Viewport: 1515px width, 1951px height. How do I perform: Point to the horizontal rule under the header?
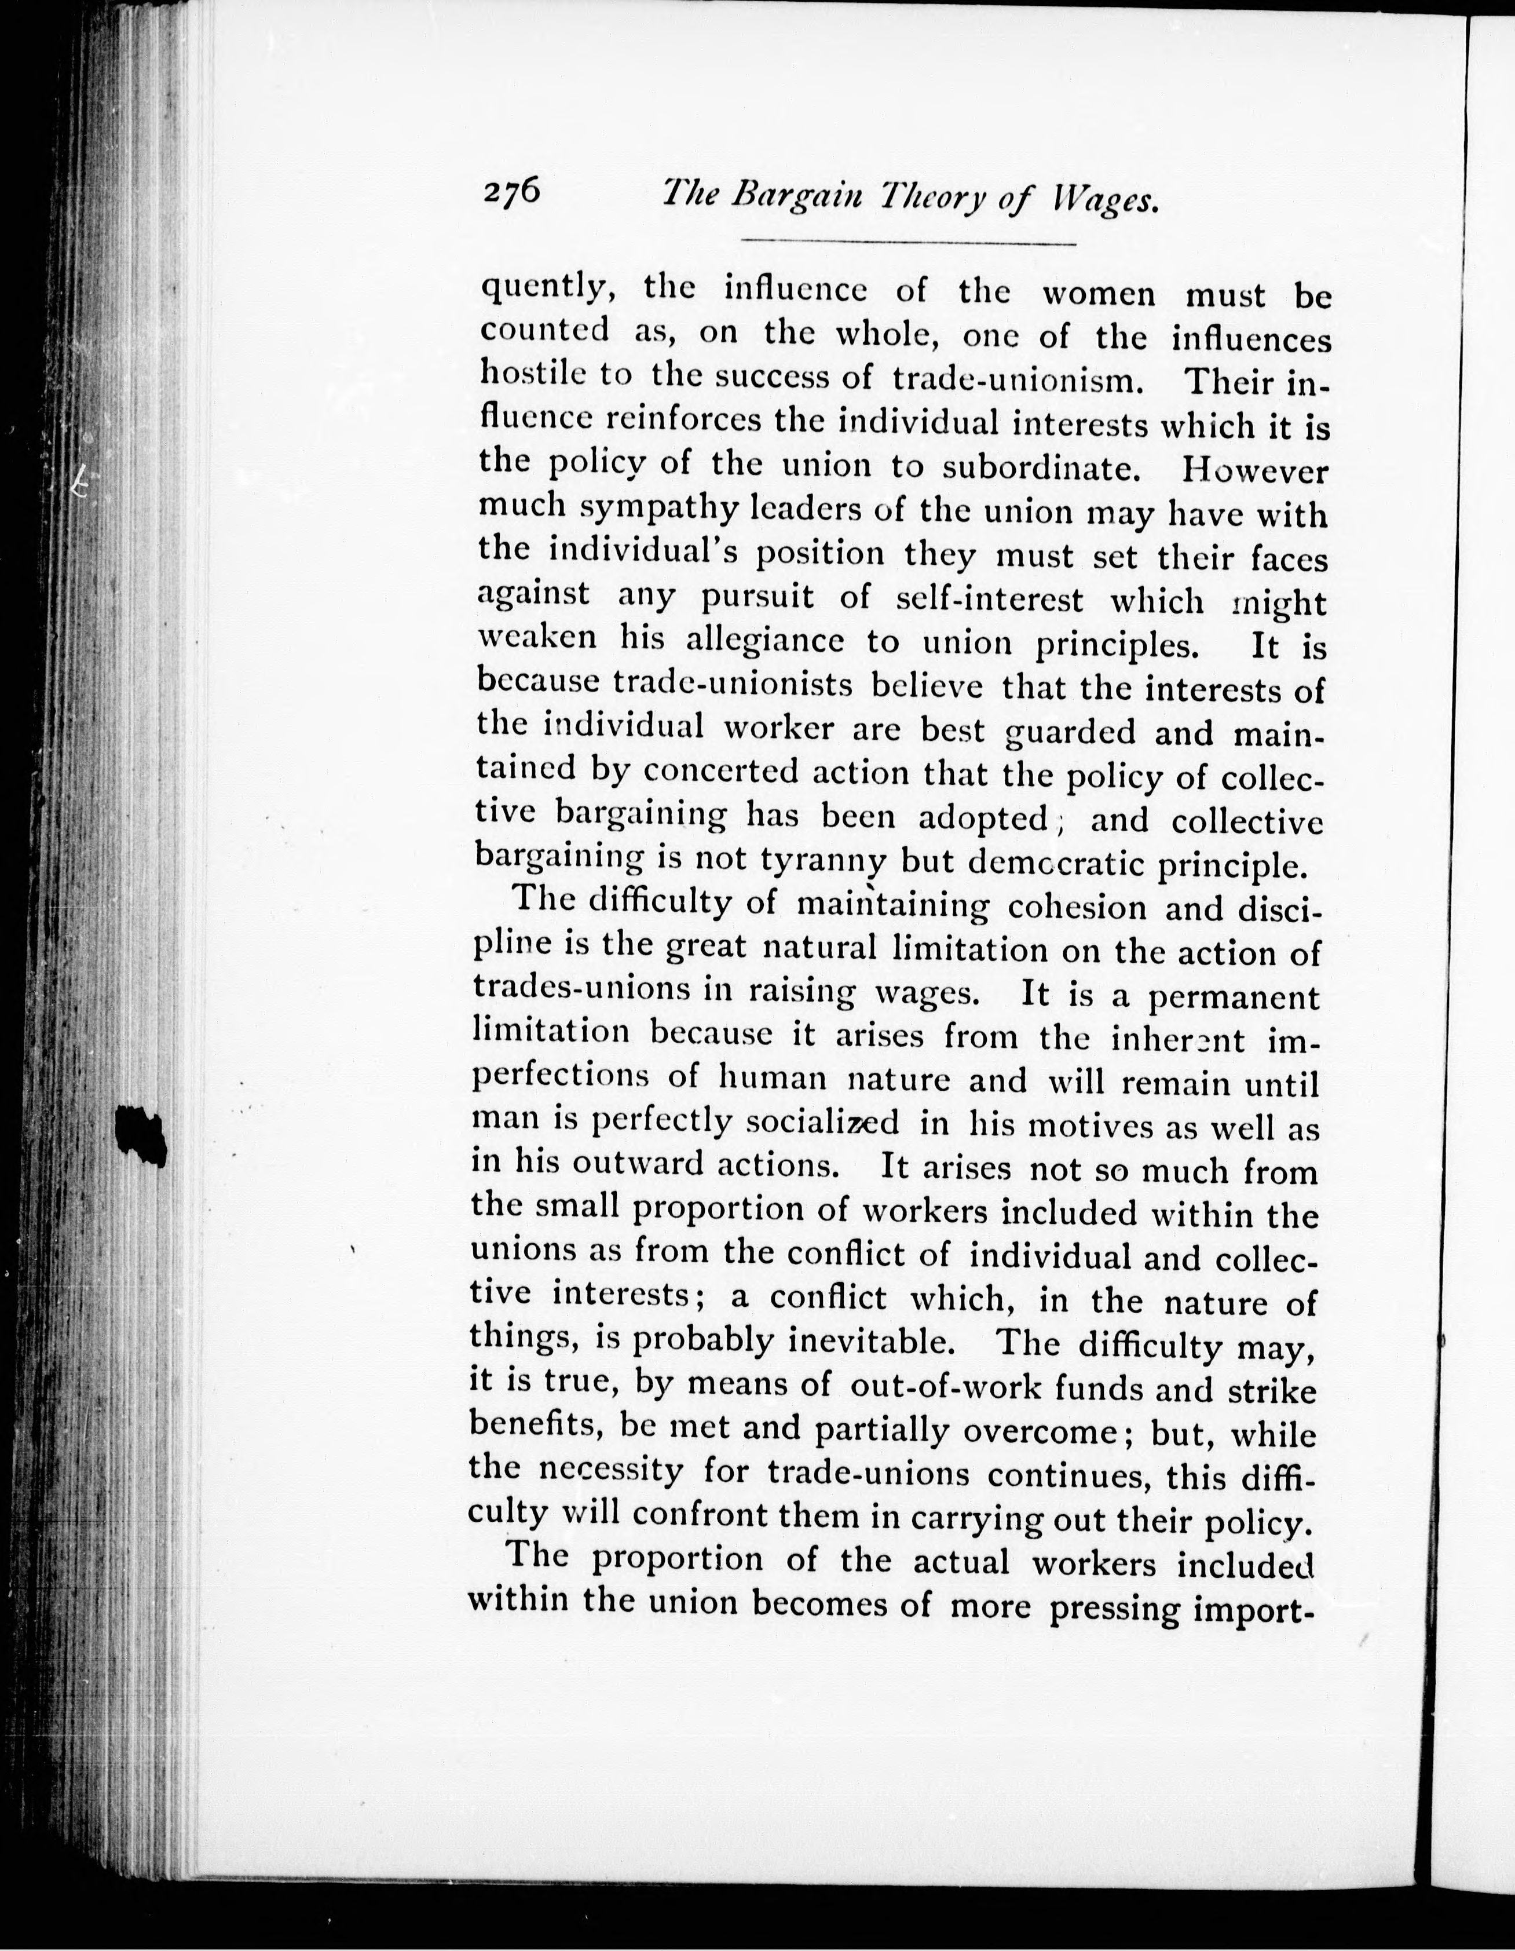909,243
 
